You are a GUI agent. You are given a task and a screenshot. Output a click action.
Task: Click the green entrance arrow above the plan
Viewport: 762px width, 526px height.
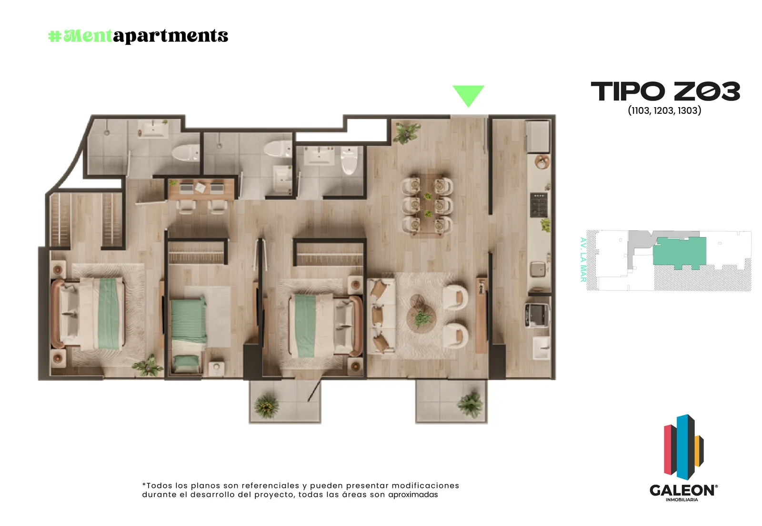(468, 95)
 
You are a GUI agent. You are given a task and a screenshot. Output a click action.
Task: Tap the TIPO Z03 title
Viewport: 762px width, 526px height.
(665, 91)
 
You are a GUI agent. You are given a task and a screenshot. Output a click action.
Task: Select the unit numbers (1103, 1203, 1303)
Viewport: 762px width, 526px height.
(664, 110)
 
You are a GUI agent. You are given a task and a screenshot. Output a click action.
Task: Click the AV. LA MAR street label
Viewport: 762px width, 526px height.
(583, 259)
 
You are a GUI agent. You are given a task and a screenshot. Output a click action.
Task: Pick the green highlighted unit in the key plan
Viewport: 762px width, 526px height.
(679, 252)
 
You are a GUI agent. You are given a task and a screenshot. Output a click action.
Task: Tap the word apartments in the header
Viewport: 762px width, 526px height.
(170, 36)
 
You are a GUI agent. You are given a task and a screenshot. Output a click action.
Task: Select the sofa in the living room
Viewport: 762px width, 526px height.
(381, 317)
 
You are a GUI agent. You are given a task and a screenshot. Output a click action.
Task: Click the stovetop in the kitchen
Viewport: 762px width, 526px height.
(539, 205)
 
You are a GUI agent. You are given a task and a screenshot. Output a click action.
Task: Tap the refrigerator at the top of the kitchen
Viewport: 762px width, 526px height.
(538, 136)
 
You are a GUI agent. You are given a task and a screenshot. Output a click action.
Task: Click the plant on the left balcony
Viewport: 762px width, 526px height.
(267, 406)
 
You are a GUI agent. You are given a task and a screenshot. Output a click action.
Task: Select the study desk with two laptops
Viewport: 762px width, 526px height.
(201, 189)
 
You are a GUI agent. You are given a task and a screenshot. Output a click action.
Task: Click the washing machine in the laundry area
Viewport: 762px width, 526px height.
(537, 315)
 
